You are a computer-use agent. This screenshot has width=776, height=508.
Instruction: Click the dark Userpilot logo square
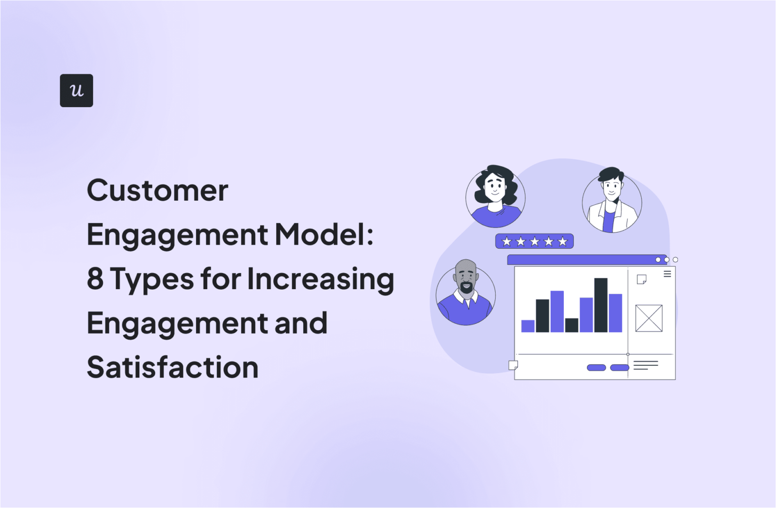[x=76, y=90]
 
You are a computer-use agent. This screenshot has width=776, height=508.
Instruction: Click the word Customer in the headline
[x=158, y=191]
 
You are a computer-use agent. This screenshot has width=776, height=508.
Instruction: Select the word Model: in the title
[x=324, y=235]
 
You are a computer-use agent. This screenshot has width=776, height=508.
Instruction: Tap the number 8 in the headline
[x=95, y=279]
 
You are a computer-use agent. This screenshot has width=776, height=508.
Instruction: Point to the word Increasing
[x=320, y=280]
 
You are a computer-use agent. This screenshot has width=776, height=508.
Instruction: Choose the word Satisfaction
[x=173, y=367]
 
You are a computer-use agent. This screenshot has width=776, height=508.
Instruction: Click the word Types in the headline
[x=152, y=280]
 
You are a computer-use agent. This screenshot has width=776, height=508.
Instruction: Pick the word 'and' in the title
[x=301, y=324]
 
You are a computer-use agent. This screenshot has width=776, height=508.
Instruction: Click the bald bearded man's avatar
[x=466, y=295]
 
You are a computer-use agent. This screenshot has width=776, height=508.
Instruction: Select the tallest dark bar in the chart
[x=601, y=305]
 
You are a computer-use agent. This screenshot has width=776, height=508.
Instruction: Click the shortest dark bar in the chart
[x=571, y=325]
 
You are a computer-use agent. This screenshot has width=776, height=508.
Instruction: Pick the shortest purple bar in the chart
[x=528, y=326]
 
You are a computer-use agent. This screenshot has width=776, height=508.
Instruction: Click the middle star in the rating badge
[x=535, y=242]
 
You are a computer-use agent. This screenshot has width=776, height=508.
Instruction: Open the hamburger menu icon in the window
[x=667, y=274]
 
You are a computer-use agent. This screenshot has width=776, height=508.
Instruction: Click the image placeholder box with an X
[x=649, y=318]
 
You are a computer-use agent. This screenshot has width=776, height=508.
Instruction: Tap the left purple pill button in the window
[x=596, y=367]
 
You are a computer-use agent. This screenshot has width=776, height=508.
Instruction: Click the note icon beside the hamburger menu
[x=642, y=280]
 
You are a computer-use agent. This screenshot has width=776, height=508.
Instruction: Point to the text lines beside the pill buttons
[x=646, y=365]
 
